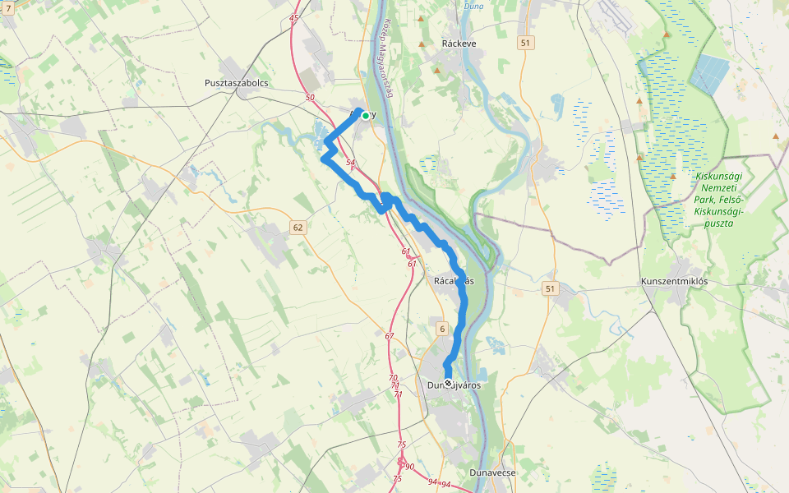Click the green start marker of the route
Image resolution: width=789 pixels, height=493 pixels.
point(365,116)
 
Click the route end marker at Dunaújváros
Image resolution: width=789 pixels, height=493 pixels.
point(448,382)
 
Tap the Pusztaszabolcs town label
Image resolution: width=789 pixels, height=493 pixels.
point(237,83)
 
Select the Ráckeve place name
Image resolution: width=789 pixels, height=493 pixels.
point(459,43)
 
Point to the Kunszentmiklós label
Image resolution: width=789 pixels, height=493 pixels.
point(674,281)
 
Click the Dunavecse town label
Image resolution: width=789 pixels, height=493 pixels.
point(492,472)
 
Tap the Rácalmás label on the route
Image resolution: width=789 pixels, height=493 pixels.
point(454,281)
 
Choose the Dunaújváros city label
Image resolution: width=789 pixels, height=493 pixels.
point(454,385)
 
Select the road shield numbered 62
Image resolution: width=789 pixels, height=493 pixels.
point(298,227)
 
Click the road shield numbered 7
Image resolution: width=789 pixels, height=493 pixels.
point(8,7)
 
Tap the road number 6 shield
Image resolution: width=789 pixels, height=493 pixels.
point(442,329)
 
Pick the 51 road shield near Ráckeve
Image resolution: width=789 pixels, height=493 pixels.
point(526,43)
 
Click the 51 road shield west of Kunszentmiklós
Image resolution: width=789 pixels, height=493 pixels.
point(550,288)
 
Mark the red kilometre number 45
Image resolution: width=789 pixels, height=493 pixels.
point(294,18)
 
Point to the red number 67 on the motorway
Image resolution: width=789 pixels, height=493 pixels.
point(389,335)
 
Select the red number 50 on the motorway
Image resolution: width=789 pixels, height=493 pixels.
point(309,98)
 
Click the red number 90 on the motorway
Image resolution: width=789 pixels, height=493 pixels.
point(409,467)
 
